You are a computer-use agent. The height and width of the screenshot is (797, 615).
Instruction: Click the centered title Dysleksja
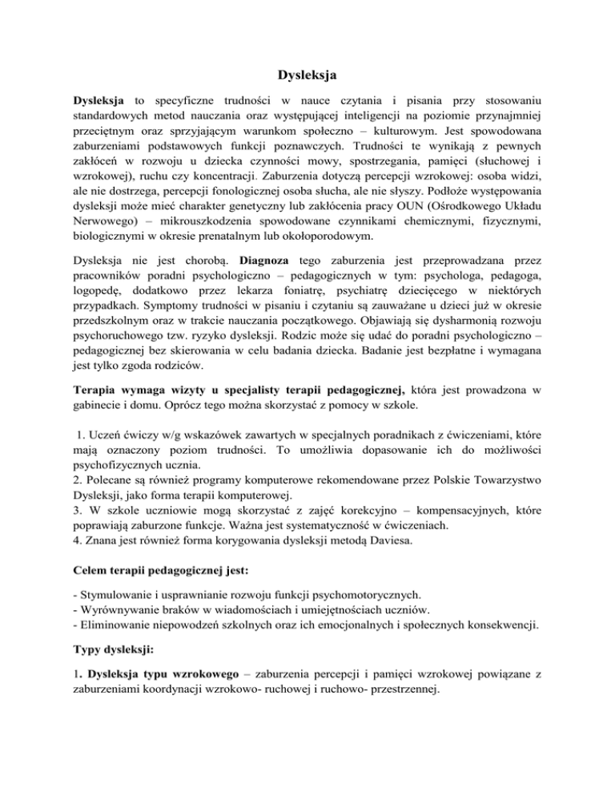307,76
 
